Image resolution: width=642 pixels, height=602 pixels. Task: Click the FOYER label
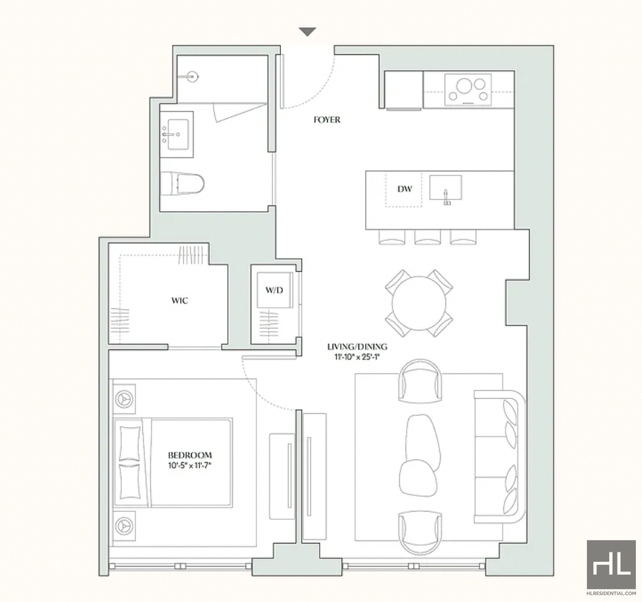coord(326,120)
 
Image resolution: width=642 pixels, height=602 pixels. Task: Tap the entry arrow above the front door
coord(307,31)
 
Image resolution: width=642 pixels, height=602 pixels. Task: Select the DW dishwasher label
coord(405,189)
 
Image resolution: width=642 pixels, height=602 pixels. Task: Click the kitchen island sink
coord(445,188)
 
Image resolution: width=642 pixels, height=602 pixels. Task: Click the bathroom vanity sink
coord(178,134)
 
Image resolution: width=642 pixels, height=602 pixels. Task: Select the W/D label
coord(274,290)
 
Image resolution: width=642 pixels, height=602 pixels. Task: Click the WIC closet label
coord(180,301)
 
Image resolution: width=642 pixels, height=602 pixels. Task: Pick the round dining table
coord(419,303)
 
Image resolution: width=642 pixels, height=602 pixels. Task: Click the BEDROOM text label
coord(190,455)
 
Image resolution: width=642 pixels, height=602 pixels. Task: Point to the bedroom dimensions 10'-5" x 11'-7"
coord(190,465)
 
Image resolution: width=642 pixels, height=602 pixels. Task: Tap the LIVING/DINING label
coord(357,347)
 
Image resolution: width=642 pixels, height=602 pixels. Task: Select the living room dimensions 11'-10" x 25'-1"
coord(357,357)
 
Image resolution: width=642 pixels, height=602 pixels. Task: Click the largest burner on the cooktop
coord(464,86)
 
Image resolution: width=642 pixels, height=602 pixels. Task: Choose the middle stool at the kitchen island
coord(428,237)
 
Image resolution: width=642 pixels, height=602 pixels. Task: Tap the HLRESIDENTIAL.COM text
coord(611,593)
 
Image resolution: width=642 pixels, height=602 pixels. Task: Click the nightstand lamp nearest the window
coord(124,525)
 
